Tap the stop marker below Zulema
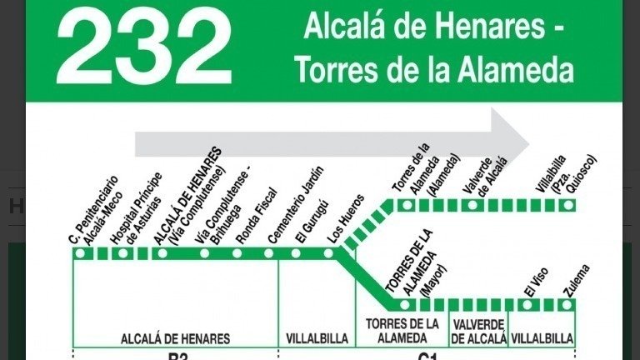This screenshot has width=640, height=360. pos(567,304)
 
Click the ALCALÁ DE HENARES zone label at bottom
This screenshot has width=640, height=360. pos(175,338)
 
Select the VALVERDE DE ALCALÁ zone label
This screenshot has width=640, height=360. pos(478,331)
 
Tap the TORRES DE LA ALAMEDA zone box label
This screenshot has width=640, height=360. pos(402,331)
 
